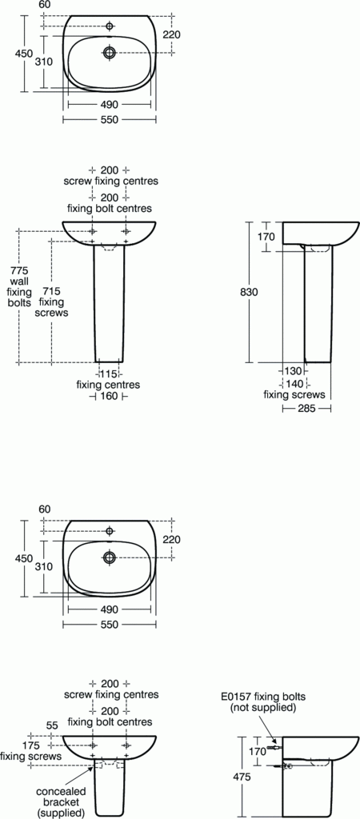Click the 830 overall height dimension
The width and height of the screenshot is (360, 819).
point(249,293)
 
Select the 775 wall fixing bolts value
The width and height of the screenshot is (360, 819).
point(18,270)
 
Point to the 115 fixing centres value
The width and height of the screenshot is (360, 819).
point(108,374)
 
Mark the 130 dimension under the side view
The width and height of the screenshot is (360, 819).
point(294,371)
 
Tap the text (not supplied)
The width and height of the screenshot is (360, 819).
point(263,709)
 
